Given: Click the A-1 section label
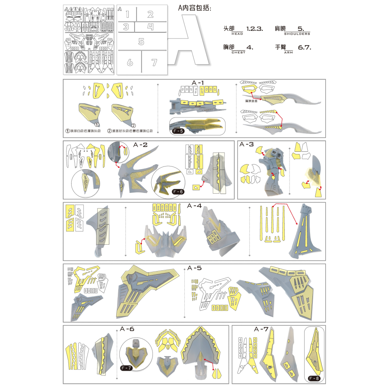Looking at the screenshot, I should point(198,82).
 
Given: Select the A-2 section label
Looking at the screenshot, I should point(140,145).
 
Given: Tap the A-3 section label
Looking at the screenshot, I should point(247,144).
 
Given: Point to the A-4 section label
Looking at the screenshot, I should point(194,205).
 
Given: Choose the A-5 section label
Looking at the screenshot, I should point(194,268).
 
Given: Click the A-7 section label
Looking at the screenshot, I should point(261,329).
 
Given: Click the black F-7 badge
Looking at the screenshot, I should point(126,368).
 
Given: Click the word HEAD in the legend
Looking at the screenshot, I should point(237,34).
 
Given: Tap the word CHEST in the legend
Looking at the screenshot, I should point(238,52).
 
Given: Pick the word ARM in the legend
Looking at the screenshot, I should point(288,52).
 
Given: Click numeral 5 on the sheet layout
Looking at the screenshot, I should point(141,42).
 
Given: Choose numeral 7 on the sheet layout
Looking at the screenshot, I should point(154,62).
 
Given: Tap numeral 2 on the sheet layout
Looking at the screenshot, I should point(151,14).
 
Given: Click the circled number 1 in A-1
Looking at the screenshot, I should point(97,124).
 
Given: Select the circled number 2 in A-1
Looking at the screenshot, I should point(133,125).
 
